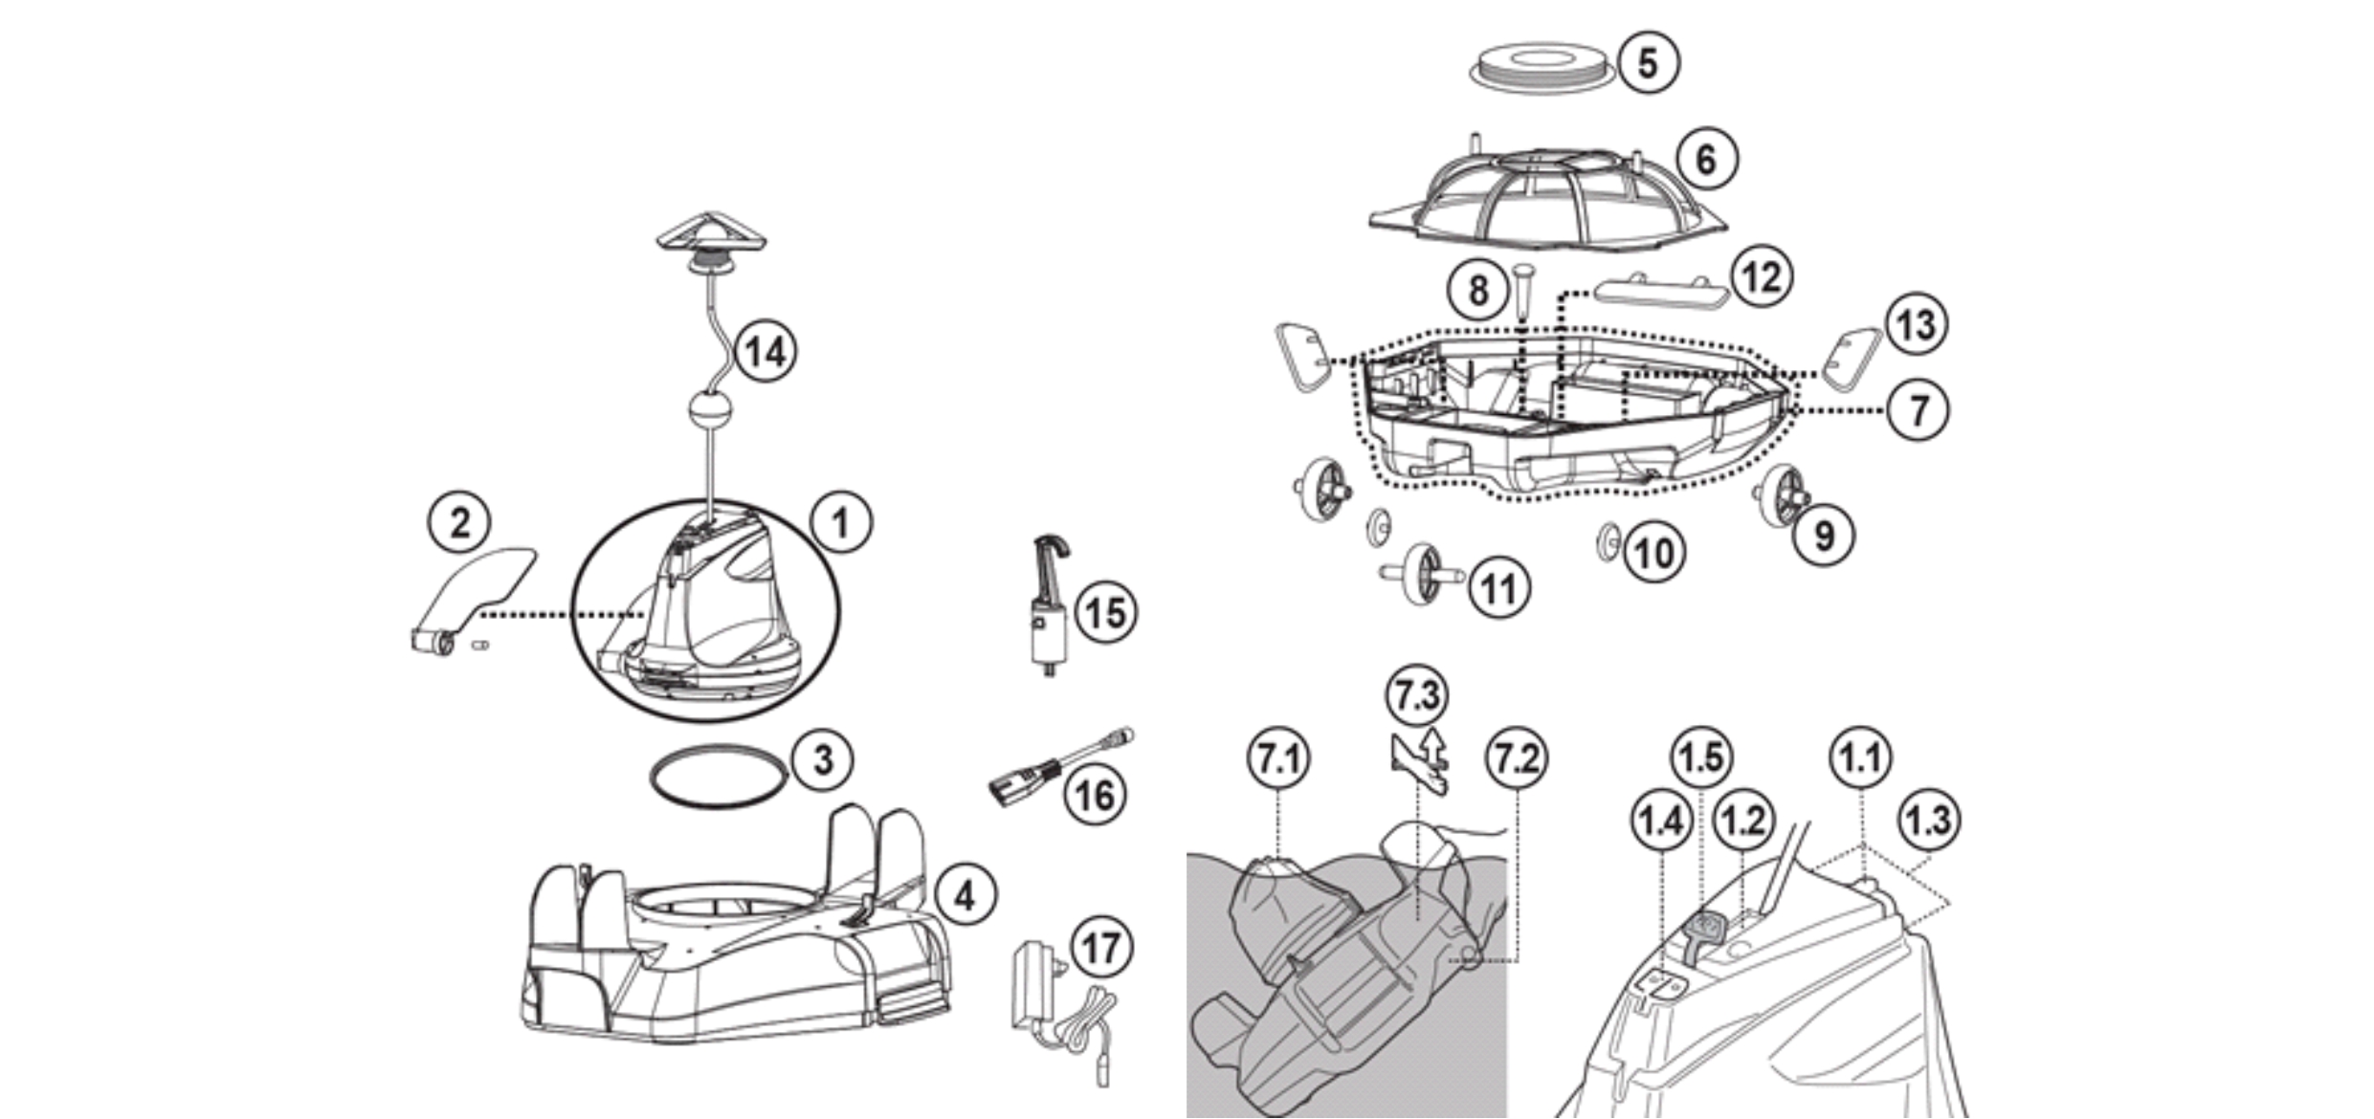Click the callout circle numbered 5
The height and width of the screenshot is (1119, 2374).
tap(1647, 63)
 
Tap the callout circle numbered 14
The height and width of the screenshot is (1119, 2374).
tap(765, 352)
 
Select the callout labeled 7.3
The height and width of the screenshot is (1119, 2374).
tap(1416, 695)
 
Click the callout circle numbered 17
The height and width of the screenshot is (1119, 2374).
tap(1100, 948)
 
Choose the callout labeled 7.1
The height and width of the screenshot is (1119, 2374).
tap(1278, 759)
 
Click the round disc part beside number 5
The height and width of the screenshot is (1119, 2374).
tap(1542, 67)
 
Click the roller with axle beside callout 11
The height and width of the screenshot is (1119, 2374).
tap(1422, 574)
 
